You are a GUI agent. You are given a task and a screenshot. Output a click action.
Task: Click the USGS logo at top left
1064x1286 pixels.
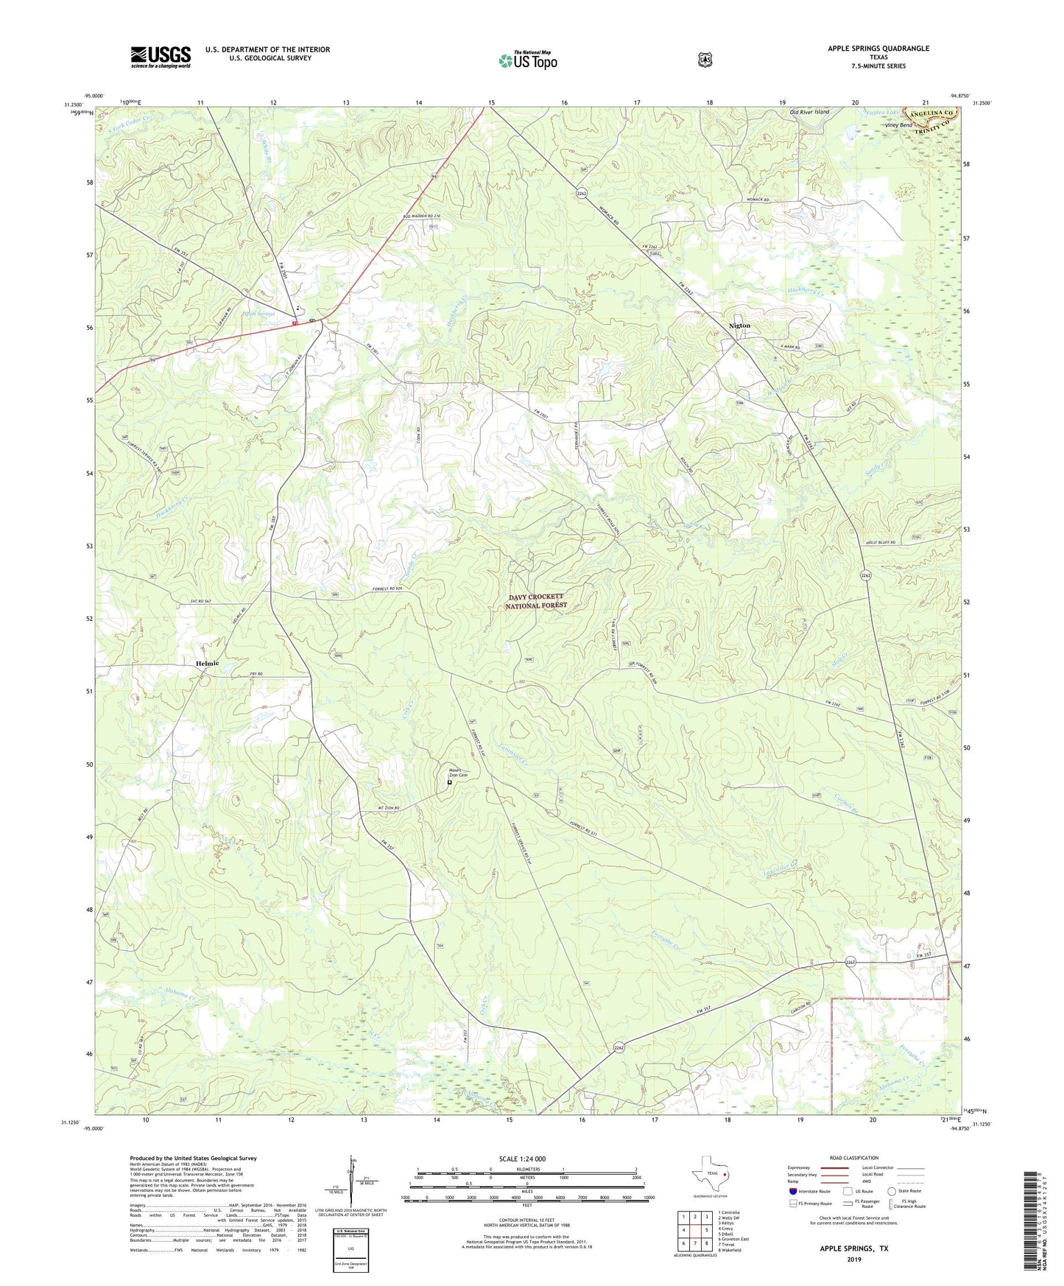tap(161, 57)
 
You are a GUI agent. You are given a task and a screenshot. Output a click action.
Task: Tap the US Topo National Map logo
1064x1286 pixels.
tap(527, 60)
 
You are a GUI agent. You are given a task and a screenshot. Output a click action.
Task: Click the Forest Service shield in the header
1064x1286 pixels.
tap(705, 59)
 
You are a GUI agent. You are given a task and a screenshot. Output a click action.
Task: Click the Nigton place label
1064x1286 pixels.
tap(739, 325)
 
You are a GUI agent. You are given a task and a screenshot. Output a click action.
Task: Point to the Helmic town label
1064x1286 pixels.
tap(208, 663)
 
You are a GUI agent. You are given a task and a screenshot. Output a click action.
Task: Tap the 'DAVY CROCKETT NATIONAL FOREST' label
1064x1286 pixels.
tap(536, 601)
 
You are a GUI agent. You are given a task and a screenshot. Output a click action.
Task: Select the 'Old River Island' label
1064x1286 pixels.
tap(809, 112)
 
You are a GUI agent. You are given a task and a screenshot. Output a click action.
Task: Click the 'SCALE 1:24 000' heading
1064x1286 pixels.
tap(522, 1159)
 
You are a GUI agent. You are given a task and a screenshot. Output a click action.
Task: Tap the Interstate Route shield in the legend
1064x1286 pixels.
tap(792, 1191)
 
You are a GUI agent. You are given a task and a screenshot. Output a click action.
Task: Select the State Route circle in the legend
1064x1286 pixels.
tap(892, 1191)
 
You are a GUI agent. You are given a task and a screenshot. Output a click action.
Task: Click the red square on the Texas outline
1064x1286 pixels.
tap(725, 1176)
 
